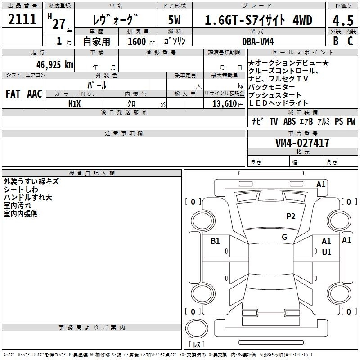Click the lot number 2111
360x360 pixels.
[22, 18]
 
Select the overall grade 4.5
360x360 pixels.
[343, 20]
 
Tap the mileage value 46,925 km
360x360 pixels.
[55, 65]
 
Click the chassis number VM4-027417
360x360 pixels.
[302, 143]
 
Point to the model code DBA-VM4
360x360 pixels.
[258, 41]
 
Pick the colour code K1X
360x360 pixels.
[74, 104]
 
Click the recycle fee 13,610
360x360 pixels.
[225, 103]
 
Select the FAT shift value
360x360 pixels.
[13, 94]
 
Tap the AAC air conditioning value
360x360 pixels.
[35, 94]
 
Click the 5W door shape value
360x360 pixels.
[174, 20]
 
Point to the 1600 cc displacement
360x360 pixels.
[141, 41]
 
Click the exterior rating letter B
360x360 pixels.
[336, 41]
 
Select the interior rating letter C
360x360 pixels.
[350, 41]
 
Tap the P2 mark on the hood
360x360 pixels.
[291, 216]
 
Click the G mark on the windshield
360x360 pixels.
[284, 237]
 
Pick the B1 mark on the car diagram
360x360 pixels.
[215, 241]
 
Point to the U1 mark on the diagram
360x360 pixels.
[327, 252]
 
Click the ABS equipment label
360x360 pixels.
[289, 121]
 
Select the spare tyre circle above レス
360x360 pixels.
[197, 328]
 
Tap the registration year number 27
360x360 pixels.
[59, 24]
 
